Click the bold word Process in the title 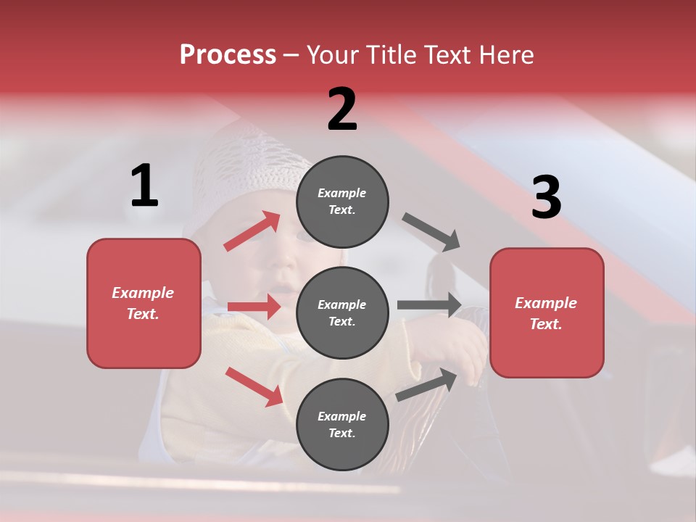tap(228, 55)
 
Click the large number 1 tap(144, 186)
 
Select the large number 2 tap(342, 109)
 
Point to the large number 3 tap(546, 198)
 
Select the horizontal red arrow tap(254, 307)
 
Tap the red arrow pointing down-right tap(254, 386)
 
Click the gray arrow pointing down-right tap(431, 232)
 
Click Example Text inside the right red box tap(546, 313)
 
